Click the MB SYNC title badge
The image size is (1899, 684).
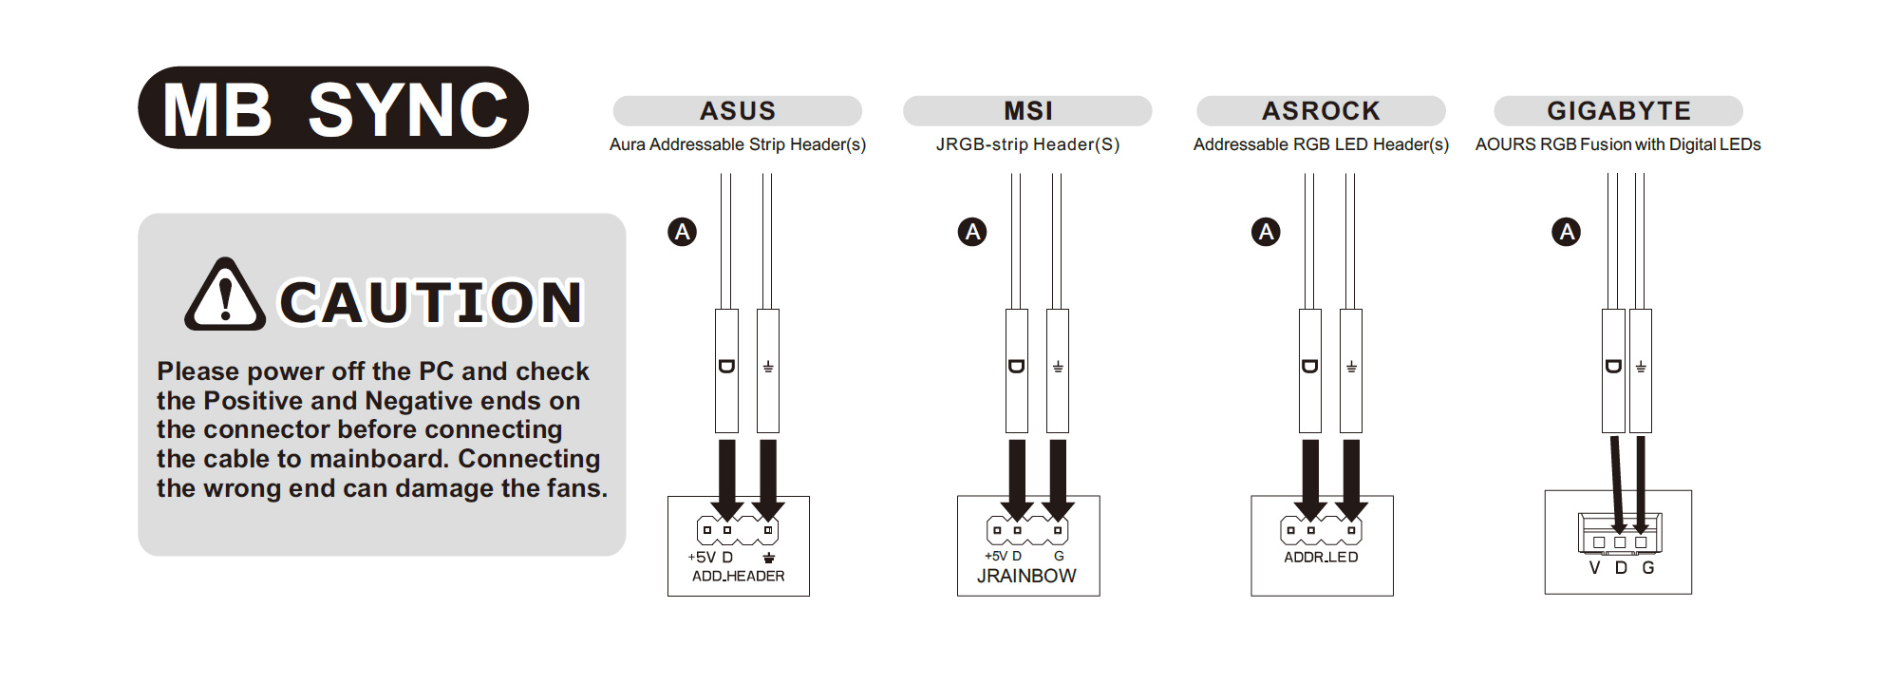333,108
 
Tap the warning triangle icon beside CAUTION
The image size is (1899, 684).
224,296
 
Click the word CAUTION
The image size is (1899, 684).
430,303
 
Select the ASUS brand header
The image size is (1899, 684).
738,111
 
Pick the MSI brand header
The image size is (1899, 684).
1027,111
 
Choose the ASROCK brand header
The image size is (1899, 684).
1321,111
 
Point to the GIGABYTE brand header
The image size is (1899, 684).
1618,111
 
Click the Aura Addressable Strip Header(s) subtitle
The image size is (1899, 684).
738,144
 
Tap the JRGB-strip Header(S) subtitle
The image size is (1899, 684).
1027,144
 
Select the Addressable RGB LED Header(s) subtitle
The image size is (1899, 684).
1321,144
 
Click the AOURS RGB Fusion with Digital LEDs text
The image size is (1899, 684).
1618,144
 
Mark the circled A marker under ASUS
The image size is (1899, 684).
682,232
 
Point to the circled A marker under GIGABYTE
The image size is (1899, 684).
1566,232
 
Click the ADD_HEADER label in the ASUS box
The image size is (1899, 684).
738,577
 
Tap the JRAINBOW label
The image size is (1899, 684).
1026,576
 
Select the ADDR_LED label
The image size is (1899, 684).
1321,558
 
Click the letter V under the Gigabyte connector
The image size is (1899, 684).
1594,568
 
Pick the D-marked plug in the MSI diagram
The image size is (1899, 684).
1016,370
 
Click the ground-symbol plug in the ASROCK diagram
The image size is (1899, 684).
1351,370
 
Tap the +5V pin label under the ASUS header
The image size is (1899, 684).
702,558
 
